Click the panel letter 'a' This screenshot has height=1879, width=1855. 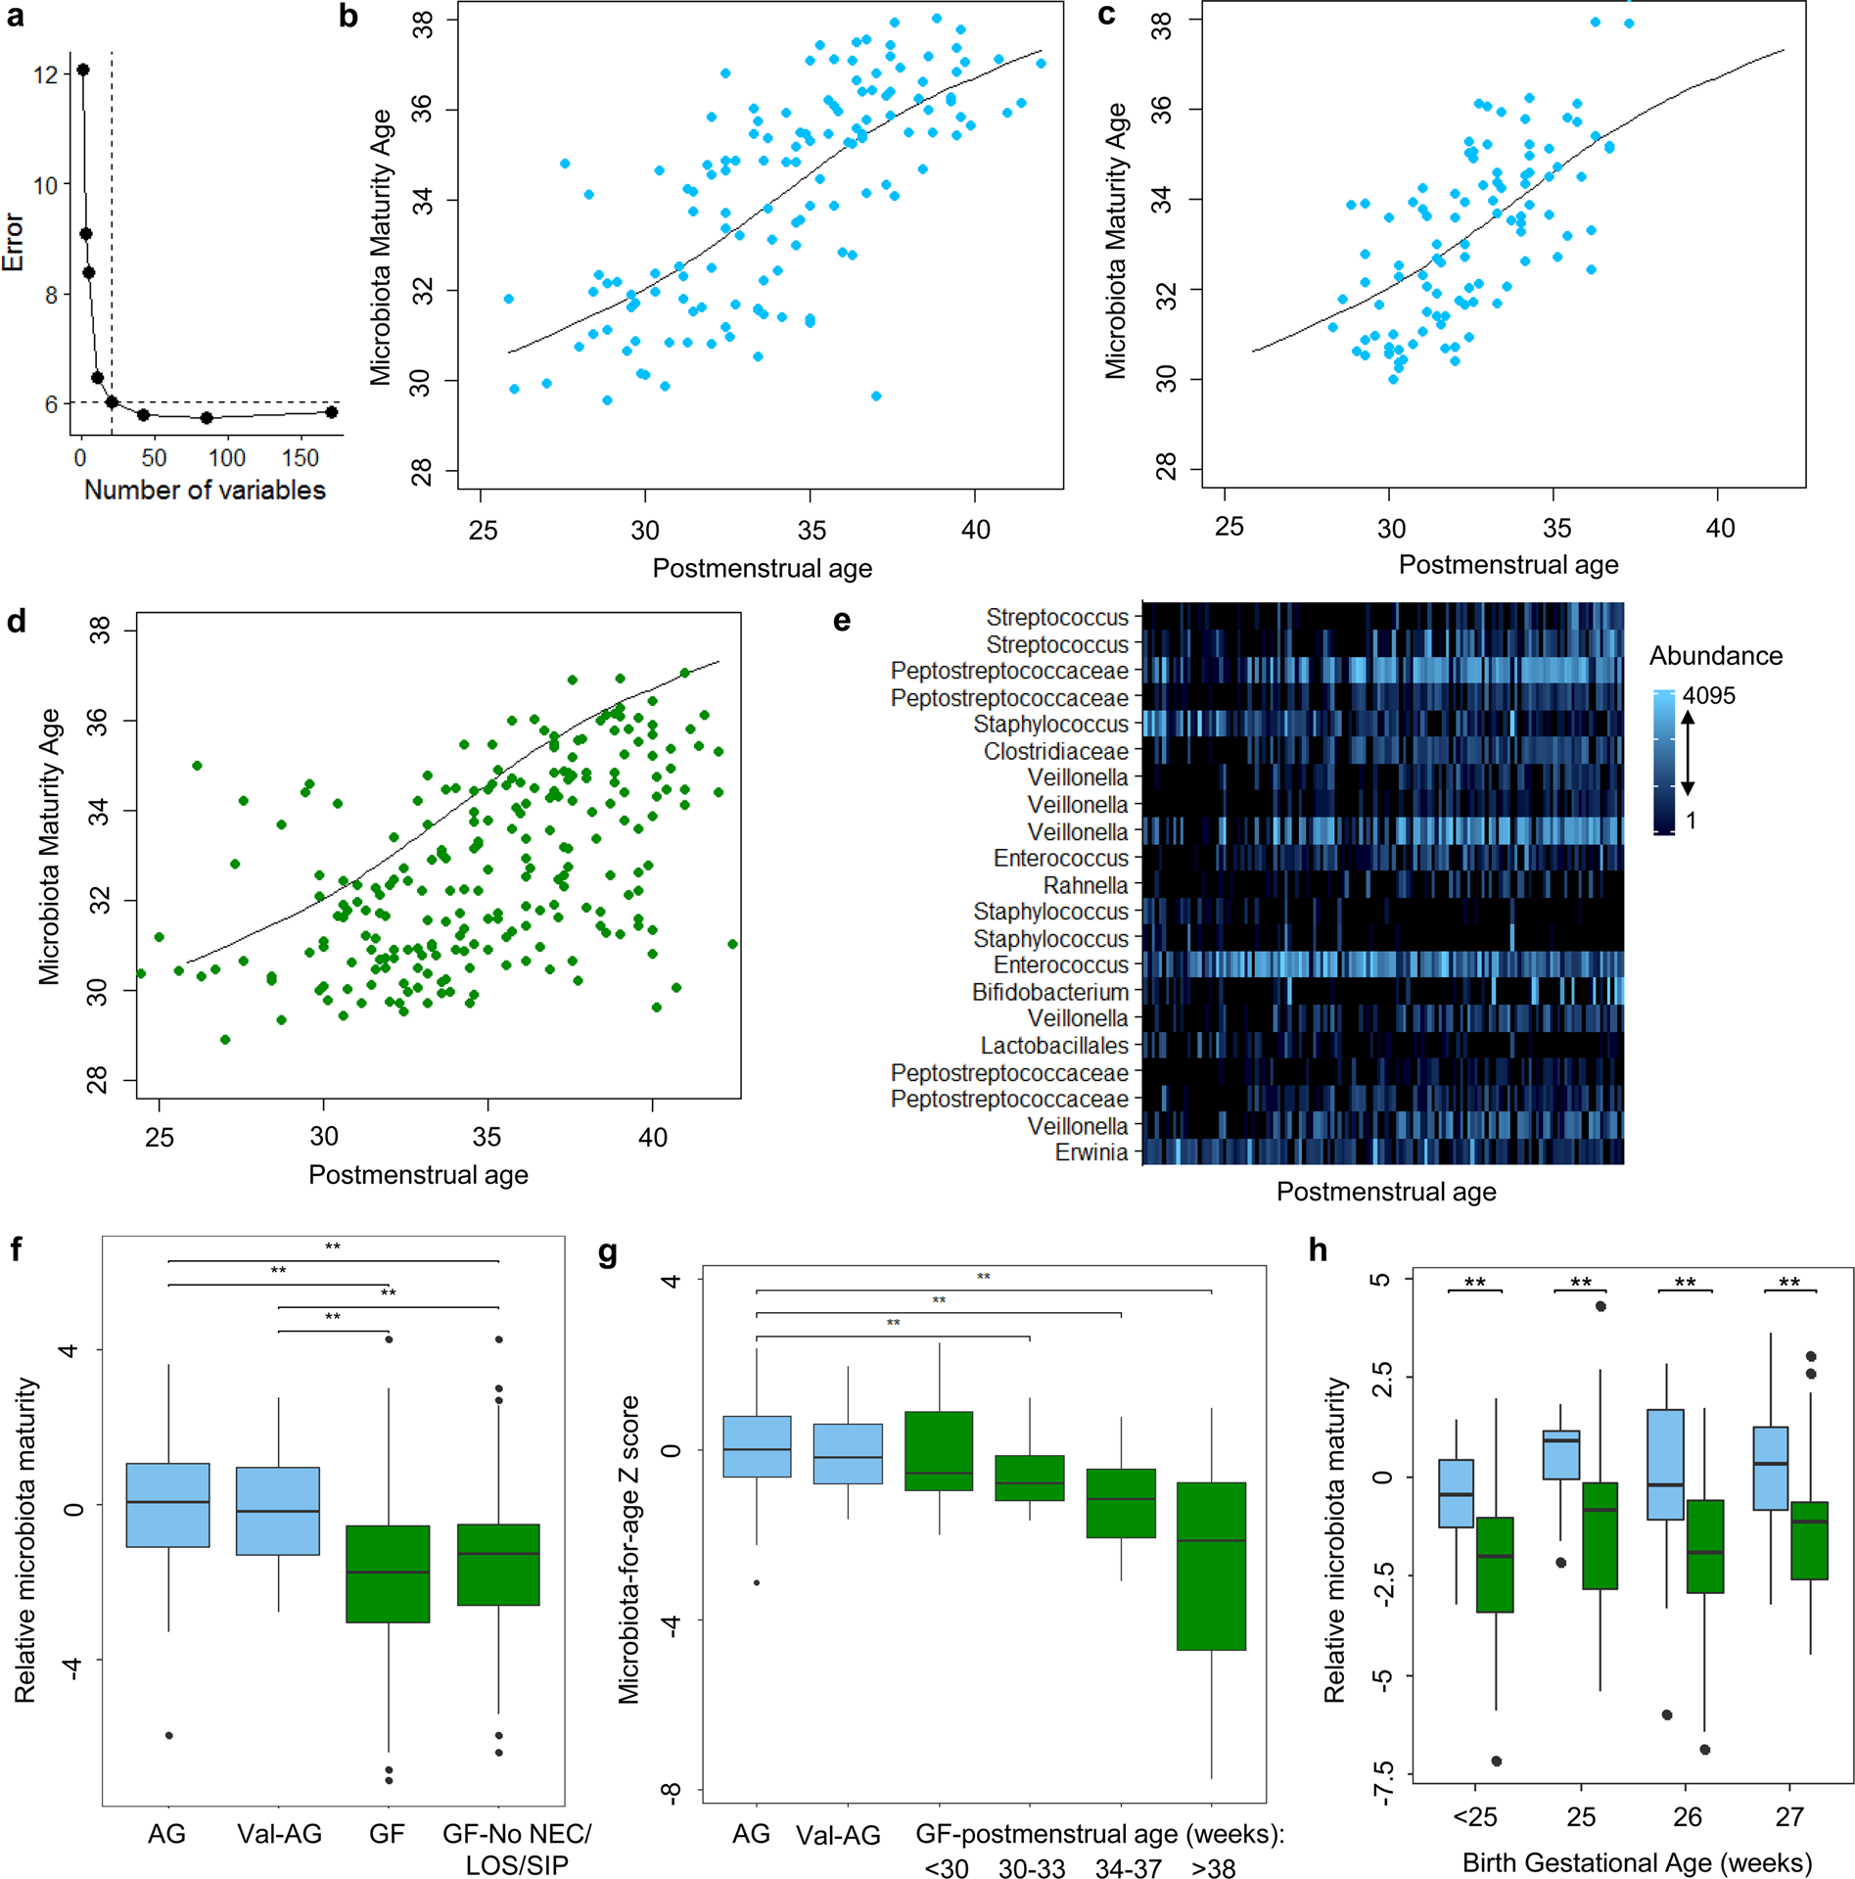tap(15, 17)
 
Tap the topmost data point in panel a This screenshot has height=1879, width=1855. tap(83, 70)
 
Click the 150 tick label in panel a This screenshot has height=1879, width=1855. tap(300, 458)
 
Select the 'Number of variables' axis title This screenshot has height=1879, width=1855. tap(205, 490)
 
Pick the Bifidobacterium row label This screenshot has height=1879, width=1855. tap(1049, 992)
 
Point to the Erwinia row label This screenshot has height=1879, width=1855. tap(1090, 1152)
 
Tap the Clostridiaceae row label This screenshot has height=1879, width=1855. tap(1055, 751)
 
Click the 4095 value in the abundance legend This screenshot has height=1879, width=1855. tap(1708, 695)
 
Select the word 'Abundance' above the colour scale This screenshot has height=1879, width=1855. tap(1715, 655)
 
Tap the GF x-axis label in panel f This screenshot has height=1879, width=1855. tap(387, 1833)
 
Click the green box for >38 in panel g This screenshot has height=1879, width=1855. tap(1211, 1566)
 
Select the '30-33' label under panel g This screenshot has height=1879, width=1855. tap(1031, 1868)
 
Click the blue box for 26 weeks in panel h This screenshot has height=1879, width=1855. tap(1665, 1464)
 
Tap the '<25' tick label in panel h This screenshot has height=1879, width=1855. tap(1474, 1817)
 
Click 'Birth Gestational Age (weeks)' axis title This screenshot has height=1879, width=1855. tap(1636, 1862)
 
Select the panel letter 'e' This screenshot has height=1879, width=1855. tap(841, 621)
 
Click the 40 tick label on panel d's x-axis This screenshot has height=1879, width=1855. tap(652, 1137)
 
